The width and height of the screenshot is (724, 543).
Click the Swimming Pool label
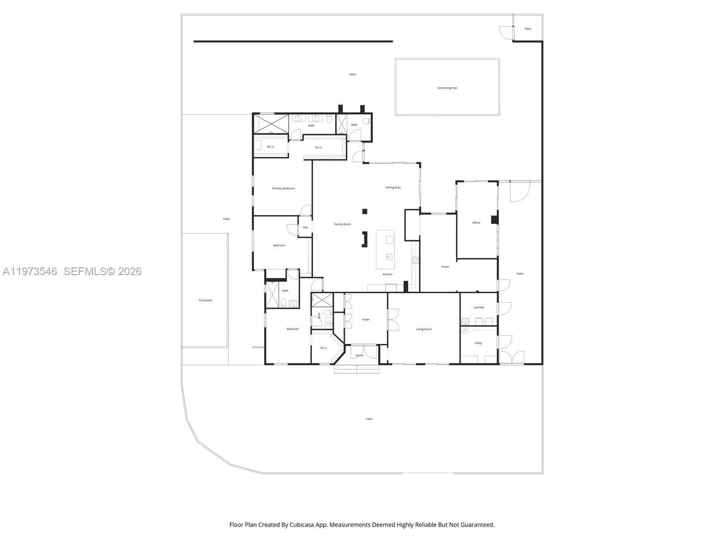(x=447, y=88)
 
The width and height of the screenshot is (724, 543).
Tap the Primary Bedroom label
(x=283, y=188)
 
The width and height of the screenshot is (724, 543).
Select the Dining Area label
(x=393, y=187)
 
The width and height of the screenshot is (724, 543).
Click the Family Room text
(x=343, y=224)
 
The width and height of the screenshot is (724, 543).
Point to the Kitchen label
(x=387, y=274)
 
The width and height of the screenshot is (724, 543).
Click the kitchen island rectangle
(x=385, y=249)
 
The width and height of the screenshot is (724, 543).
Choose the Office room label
(x=476, y=223)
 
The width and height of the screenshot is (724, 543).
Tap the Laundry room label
(x=479, y=307)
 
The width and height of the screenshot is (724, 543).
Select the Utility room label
(x=478, y=343)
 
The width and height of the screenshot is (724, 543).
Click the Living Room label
(x=424, y=329)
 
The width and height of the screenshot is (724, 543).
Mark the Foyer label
(x=366, y=319)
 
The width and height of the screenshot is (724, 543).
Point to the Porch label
(x=359, y=355)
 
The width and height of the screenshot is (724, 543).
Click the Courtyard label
(x=205, y=300)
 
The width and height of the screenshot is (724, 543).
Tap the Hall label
(x=305, y=227)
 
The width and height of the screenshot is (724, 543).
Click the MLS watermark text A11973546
(x=30, y=271)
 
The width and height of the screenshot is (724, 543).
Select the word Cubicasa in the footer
(x=313, y=525)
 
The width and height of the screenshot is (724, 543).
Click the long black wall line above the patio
(x=293, y=42)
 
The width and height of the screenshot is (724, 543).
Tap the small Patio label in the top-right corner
(x=528, y=29)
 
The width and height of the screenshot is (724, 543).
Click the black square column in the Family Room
(x=365, y=211)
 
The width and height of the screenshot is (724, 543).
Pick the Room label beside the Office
(x=445, y=267)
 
